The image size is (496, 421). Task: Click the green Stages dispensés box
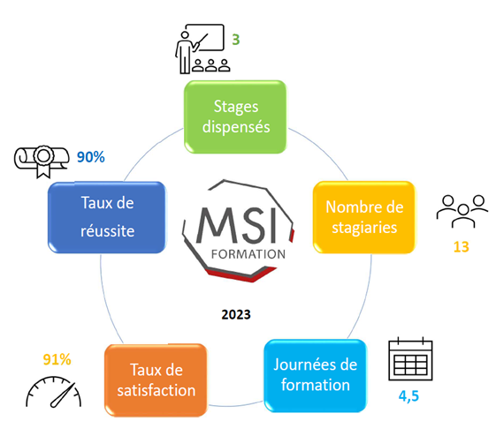point(235,117)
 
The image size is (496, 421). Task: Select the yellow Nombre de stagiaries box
point(364,217)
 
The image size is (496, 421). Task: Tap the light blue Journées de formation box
point(316,375)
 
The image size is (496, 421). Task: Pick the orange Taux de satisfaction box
point(156,380)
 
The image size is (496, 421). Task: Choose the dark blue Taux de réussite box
point(107,217)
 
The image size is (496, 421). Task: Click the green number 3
point(236,40)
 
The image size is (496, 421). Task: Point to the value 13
point(461,246)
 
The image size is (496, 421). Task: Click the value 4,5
point(408,396)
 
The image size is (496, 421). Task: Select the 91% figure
point(57,359)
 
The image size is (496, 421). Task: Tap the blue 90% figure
point(91,157)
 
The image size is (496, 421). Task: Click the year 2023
point(236,314)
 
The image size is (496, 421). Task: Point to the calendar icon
point(410,359)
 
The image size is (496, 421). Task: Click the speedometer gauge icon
point(53,391)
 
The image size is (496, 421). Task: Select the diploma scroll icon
point(42,161)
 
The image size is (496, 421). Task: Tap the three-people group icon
point(462,211)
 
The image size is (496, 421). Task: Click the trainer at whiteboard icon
point(202,49)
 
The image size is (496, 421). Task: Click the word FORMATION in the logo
point(248,254)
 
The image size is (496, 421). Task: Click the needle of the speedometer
point(63,395)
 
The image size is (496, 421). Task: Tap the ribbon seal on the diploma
point(43,161)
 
